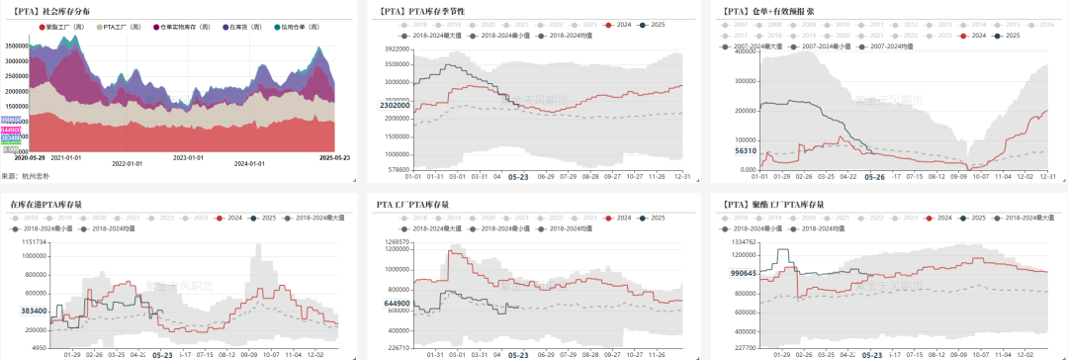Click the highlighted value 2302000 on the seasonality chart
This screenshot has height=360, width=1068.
[x=395, y=105]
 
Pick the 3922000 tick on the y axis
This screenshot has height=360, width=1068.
[x=395, y=47]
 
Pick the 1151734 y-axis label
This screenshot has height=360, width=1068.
[x=33, y=241]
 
